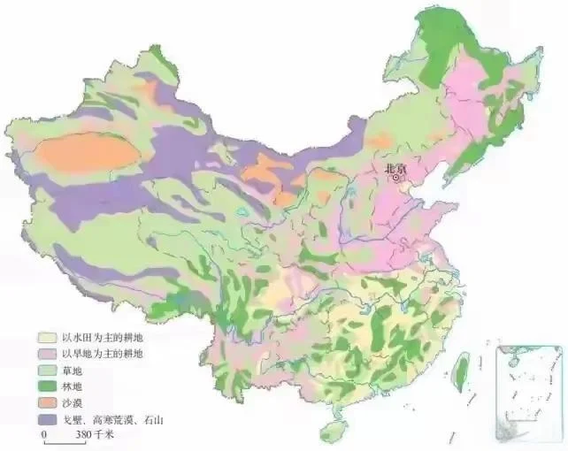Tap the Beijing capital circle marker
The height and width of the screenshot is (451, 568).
click(398, 178)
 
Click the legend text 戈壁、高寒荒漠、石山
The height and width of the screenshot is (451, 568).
click(105, 419)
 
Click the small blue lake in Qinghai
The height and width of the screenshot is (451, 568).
click(243, 211)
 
